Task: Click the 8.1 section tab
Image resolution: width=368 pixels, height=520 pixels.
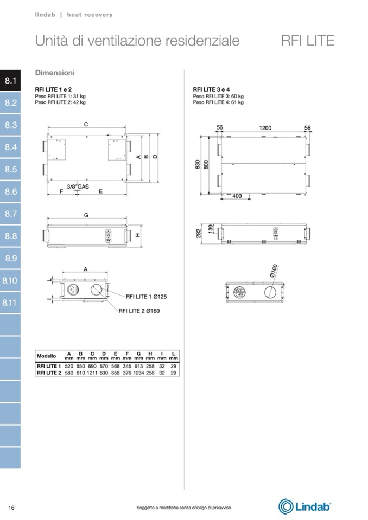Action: tap(10, 81)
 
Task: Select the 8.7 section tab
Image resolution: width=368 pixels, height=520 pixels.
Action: tap(10, 214)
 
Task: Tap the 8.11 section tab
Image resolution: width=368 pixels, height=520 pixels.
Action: tap(10, 303)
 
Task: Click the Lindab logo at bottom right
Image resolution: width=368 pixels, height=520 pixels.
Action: tap(304, 506)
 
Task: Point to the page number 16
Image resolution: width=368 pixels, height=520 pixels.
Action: tap(11, 508)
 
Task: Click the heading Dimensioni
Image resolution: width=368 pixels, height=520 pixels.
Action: tap(55, 73)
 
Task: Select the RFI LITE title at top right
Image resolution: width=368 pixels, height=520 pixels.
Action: tap(308, 41)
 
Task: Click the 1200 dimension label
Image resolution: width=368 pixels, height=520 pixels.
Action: tap(265, 128)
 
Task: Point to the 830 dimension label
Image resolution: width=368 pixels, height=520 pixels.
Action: tap(198, 165)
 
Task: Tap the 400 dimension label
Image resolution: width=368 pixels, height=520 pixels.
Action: tap(237, 196)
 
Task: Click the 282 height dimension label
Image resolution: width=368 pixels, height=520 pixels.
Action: tap(199, 234)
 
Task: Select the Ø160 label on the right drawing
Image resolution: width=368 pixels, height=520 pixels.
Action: tap(274, 271)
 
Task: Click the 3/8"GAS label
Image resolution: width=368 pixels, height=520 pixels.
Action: tap(78, 187)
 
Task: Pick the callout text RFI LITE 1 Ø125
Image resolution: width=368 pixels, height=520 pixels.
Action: tap(147, 297)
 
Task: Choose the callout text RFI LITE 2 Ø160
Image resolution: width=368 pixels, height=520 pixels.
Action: tap(139, 311)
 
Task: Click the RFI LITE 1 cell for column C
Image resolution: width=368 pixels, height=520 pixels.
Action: tap(92, 366)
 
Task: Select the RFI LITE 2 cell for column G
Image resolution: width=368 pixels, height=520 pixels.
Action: tap(139, 373)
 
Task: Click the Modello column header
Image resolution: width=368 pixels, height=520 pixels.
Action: tap(47, 356)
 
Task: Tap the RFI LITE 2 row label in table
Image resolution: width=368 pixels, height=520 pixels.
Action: tap(49, 373)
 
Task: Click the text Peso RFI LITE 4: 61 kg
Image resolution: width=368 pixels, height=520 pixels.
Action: tap(218, 102)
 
